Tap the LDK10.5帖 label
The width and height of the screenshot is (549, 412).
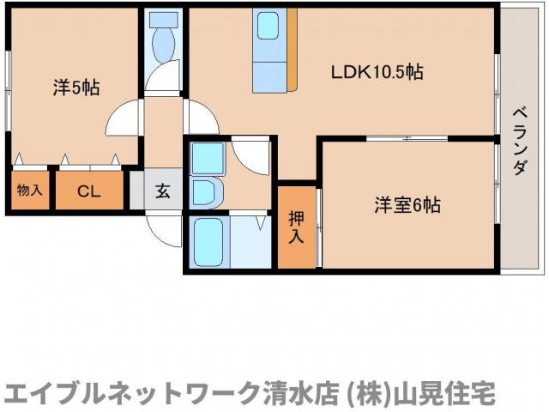point(377,73)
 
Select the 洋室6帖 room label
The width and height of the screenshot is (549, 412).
point(407,205)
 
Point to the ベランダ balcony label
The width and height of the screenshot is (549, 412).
point(520,142)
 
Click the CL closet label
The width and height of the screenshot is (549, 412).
point(89,191)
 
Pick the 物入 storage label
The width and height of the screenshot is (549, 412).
point(29,191)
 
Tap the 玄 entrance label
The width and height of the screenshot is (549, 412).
point(163,191)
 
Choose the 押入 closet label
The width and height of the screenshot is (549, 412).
point(295,227)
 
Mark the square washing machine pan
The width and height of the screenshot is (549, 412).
point(208,158)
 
